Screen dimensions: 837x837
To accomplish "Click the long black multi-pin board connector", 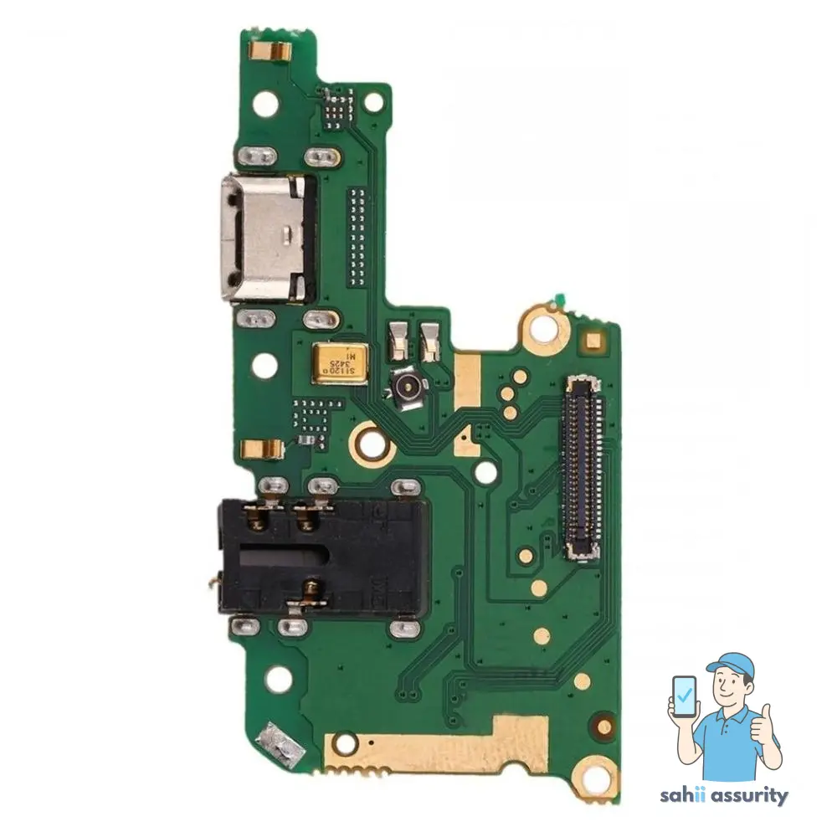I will (x=583, y=467).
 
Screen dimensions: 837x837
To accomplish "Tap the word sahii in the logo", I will (x=695, y=796).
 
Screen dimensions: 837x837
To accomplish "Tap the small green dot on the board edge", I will (x=554, y=300).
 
